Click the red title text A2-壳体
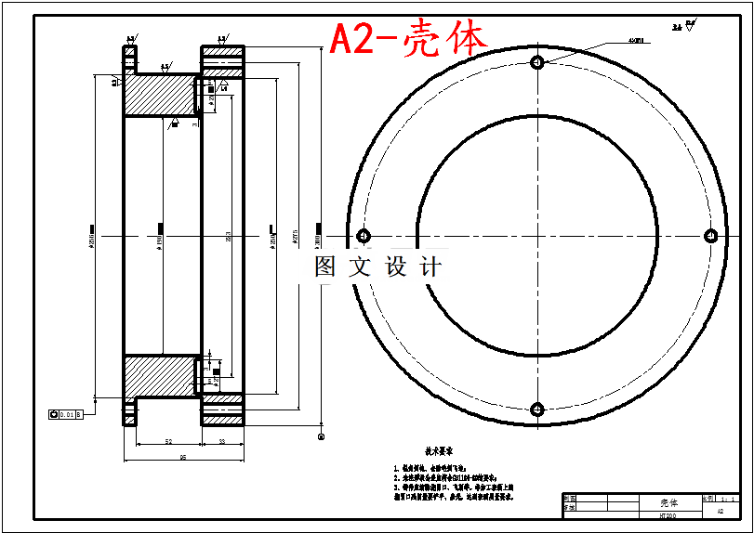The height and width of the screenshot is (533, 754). point(408,40)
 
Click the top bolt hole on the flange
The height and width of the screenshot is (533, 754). point(536,62)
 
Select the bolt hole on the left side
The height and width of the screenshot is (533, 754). point(363,235)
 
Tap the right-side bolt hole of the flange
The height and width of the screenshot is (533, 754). point(710,235)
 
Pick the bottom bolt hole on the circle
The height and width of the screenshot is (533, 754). point(536,409)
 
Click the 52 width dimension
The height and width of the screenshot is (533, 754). point(168,441)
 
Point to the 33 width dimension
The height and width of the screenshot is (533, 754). point(222,441)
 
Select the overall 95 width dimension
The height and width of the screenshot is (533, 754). point(182,457)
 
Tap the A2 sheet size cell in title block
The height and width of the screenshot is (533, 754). point(721,511)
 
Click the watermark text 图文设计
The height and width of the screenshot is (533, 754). point(377,267)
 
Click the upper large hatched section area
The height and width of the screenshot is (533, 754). point(158,96)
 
